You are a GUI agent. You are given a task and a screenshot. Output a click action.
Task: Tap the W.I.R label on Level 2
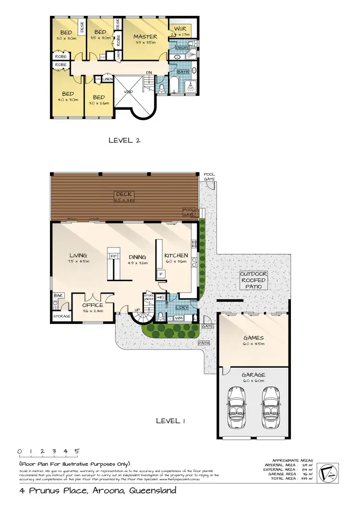coord(181,28)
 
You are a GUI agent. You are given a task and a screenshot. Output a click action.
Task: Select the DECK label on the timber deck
coord(123,194)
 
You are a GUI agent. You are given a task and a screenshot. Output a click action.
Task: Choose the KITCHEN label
coord(176,255)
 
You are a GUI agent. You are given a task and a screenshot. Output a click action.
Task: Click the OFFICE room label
coord(93,305)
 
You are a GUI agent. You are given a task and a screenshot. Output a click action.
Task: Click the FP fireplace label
coord(114,257)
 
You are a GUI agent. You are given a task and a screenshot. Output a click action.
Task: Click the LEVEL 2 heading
coord(124,140)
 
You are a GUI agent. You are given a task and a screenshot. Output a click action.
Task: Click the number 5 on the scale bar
coord(77,451)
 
